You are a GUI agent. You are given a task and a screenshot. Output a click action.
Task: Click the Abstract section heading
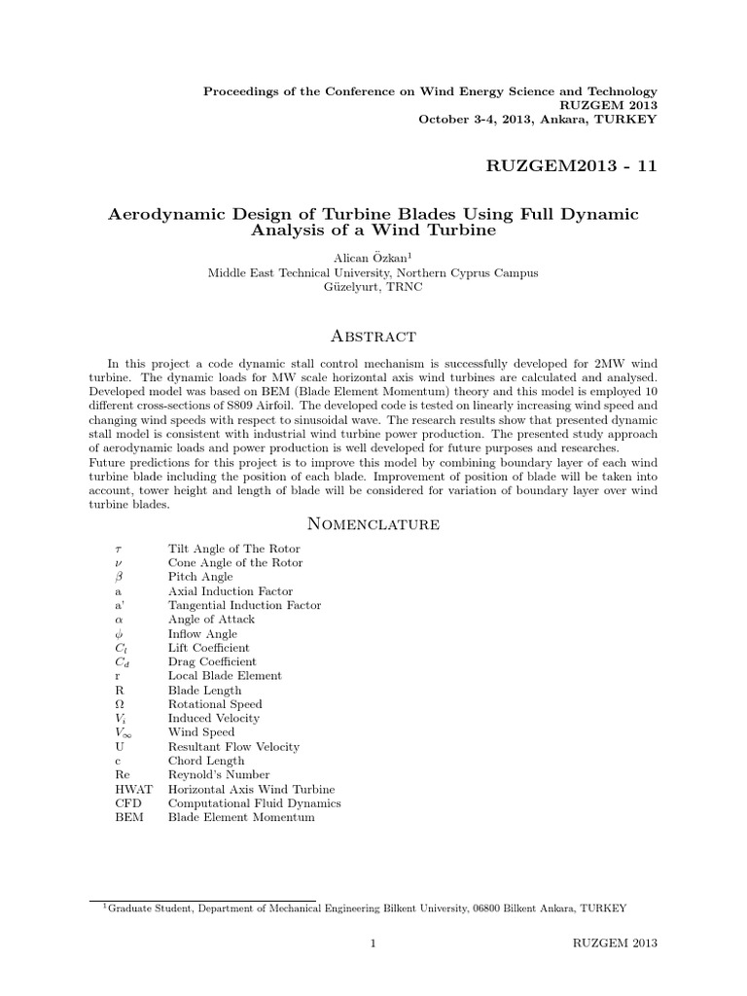tap(373, 336)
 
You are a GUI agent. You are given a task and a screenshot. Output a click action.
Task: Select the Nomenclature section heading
tap(373, 525)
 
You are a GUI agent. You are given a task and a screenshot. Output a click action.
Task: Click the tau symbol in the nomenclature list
tap(119, 550)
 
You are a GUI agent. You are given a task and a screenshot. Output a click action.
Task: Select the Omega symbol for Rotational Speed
tap(119, 704)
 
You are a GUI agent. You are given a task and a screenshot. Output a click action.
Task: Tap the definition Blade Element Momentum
tap(241, 818)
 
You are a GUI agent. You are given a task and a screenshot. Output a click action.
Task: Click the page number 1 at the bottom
tap(373, 944)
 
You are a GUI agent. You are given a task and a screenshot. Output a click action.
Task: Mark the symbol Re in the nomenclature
tap(122, 775)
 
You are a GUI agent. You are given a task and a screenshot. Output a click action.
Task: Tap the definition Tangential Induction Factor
tap(244, 605)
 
